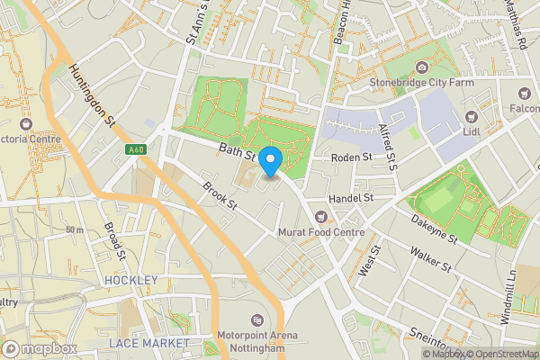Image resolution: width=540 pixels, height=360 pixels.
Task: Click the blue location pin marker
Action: (x=271, y=160)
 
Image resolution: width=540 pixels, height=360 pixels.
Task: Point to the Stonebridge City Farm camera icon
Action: (x=422, y=67)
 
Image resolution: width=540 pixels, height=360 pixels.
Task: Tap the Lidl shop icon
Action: (x=471, y=116)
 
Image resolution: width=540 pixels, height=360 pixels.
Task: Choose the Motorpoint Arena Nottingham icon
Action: (x=258, y=319)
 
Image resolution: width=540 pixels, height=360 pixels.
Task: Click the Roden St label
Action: (x=351, y=157)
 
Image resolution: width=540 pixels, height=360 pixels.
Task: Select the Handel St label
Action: (x=352, y=196)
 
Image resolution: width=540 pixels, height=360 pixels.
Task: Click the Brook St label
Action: (x=219, y=197)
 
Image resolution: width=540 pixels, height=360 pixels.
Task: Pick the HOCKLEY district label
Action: (x=130, y=281)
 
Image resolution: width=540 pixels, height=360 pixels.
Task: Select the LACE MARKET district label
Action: (x=148, y=344)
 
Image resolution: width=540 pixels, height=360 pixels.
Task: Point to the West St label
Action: (x=366, y=263)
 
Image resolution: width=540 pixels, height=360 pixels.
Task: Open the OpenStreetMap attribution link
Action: (x=500, y=354)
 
